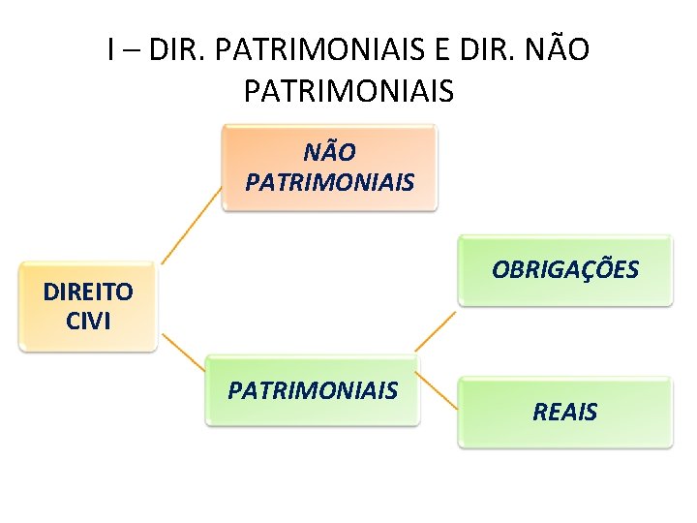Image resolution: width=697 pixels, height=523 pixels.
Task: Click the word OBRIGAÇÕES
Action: point(565,269)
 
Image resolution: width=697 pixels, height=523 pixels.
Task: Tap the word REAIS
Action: point(565,412)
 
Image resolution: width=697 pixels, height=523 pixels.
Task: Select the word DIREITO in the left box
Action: point(88,292)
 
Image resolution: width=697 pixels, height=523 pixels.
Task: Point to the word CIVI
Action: point(88,321)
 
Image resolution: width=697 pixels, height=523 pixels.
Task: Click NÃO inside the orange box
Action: point(329,152)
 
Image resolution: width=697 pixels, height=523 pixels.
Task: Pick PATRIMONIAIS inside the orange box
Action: point(329,182)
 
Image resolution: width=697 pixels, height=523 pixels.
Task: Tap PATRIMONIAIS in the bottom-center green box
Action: point(313,390)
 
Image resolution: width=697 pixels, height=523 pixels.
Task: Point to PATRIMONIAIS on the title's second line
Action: point(348,91)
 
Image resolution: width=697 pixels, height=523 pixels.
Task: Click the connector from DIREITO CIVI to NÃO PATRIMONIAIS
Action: point(191,226)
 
